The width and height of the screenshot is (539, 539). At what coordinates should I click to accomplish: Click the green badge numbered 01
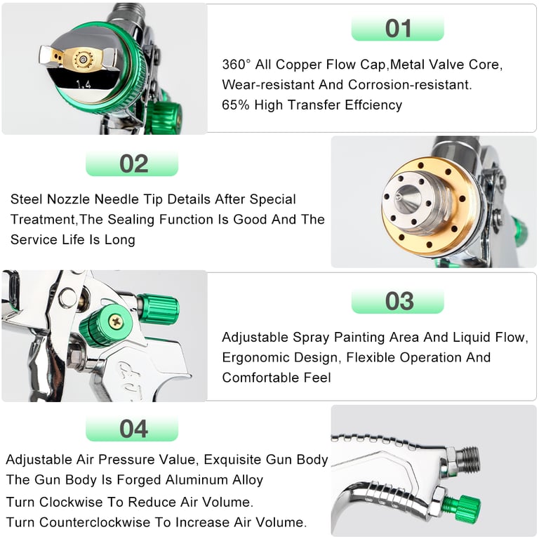(x=398, y=29)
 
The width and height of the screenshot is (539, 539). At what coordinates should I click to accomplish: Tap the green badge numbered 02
(x=133, y=164)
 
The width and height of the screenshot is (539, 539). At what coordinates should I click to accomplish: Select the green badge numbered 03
(x=398, y=301)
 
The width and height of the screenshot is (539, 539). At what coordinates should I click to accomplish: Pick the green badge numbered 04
(x=133, y=429)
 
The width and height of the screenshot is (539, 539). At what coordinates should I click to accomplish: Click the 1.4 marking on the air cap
(x=84, y=84)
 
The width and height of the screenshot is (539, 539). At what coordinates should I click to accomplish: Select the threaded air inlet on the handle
(x=467, y=459)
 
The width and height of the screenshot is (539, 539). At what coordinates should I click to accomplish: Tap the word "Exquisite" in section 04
(x=236, y=460)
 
